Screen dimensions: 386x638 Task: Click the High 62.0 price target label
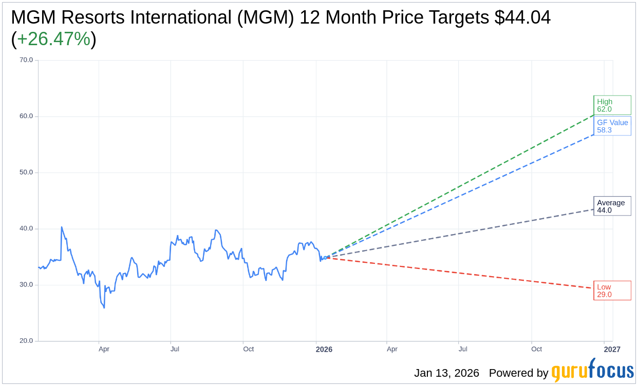(612, 105)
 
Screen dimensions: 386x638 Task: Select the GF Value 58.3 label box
(612, 126)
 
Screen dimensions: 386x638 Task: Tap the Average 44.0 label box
(612, 206)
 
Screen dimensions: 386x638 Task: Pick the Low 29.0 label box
(612, 291)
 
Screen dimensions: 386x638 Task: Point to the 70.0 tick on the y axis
(26, 60)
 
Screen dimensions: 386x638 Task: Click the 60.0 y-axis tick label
(26, 116)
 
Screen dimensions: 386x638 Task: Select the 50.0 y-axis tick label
(26, 172)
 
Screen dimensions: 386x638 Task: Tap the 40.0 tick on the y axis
(26, 228)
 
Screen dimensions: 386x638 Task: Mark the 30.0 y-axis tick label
(26, 285)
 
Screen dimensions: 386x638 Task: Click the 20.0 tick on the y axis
(26, 341)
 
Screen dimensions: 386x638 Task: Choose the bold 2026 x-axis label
(324, 350)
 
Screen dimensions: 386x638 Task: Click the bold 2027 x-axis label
(612, 350)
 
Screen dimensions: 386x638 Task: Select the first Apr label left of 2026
(104, 349)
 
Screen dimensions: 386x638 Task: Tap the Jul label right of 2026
(463, 349)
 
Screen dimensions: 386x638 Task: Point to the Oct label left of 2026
(249, 349)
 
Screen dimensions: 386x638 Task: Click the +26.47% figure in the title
(53, 39)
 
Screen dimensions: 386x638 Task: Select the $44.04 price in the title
(522, 17)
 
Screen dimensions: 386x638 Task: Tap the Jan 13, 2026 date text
(446, 373)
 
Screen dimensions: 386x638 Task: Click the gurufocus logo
(592, 371)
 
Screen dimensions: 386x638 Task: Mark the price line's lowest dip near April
(104, 307)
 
